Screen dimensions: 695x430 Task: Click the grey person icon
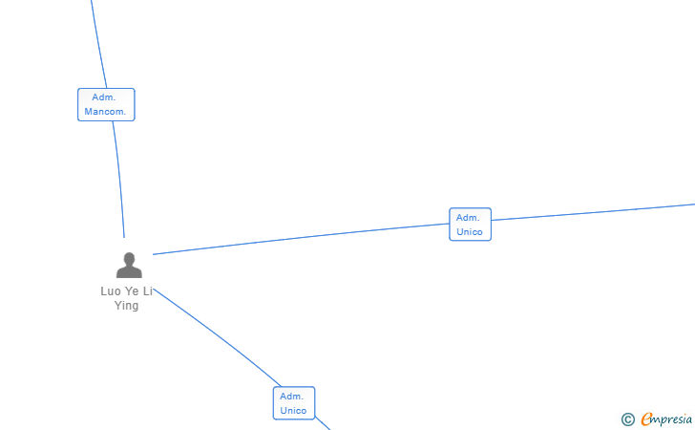tap(129, 265)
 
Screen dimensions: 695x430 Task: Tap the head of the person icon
tap(129, 258)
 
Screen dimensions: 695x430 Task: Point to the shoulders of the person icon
tap(129, 272)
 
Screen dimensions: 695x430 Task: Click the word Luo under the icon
tap(111, 291)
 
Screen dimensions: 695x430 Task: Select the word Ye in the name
tap(133, 291)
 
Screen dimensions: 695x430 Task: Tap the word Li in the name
tap(148, 291)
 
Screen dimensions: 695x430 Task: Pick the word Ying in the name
tap(127, 306)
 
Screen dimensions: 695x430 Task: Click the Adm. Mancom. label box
tap(106, 105)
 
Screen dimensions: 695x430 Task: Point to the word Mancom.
tap(106, 112)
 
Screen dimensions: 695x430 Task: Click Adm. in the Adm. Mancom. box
tap(104, 97)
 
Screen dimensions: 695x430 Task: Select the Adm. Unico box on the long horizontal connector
tap(470, 225)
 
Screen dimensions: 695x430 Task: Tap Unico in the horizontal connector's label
tap(470, 232)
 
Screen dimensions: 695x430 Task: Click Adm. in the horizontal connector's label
tap(468, 217)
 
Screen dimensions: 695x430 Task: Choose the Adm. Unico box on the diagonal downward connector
tap(293, 403)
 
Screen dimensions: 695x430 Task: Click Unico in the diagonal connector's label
tap(293, 411)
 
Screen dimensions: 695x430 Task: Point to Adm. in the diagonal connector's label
tap(291, 396)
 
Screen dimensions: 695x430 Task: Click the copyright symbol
tap(628, 419)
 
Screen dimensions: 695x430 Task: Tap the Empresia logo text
tap(666, 418)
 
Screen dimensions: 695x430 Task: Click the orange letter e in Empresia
tap(647, 419)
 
